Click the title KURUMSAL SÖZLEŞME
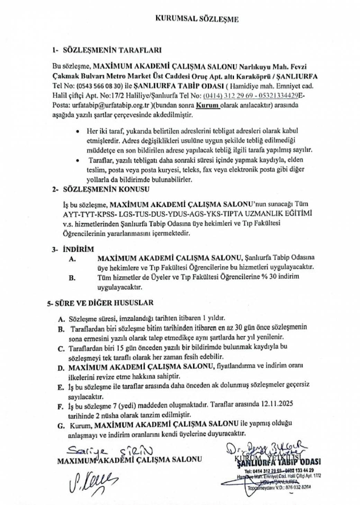pyautogui.click(x=197, y=19)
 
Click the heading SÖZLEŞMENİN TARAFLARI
pyautogui.click(x=112, y=50)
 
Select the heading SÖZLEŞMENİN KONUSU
pyautogui.click(x=106, y=189)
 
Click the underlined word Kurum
pyautogui.click(x=208, y=105)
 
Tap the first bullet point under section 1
pyautogui.click(x=79, y=132)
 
